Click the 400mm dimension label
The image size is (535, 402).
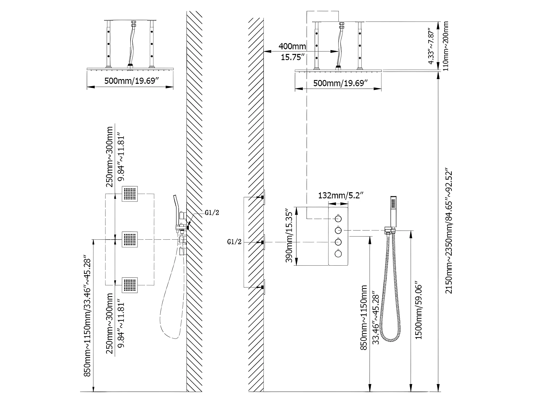point(292,46)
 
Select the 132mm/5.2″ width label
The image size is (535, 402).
point(341,195)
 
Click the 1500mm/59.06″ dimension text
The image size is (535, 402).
point(419,310)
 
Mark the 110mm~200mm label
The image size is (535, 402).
point(446,46)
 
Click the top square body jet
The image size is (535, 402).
point(130,194)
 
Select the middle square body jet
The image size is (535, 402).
point(130,239)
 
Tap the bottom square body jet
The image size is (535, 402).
point(130,285)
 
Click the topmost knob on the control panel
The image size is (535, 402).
point(338,219)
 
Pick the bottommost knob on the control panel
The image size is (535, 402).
point(338,253)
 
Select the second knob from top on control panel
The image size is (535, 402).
point(338,230)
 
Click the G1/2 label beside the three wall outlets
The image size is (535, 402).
point(234,242)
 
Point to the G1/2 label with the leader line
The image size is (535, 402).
point(212,213)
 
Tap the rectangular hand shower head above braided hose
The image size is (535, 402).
point(393,212)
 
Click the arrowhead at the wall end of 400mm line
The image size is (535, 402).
point(266,51)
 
